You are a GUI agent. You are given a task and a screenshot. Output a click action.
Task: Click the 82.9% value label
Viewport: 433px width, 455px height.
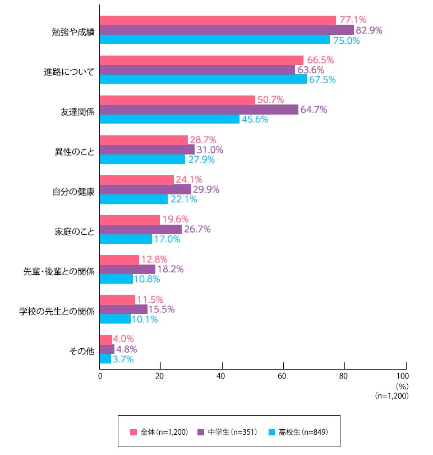pos(369,30)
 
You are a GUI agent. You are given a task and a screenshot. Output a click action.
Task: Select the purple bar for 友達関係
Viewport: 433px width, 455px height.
pos(199,110)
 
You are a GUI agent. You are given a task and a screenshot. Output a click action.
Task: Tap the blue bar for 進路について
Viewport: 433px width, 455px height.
pos(204,79)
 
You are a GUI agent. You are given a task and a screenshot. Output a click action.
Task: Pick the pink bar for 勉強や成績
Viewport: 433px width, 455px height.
pos(218,20)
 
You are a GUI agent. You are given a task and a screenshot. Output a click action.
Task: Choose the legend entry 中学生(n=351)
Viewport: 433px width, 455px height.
pos(227,432)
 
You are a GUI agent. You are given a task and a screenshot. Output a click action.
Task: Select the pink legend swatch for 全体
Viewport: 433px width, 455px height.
pos(133,433)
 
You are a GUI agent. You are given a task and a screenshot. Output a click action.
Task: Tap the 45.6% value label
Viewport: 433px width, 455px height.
pos(255,119)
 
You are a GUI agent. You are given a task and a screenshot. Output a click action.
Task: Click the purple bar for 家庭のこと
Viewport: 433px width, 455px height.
pos(141,229)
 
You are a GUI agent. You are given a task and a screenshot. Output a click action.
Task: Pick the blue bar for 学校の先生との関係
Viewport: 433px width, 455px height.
pos(115,319)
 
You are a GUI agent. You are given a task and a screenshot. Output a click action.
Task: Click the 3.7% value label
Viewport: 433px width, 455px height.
pos(123,359)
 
